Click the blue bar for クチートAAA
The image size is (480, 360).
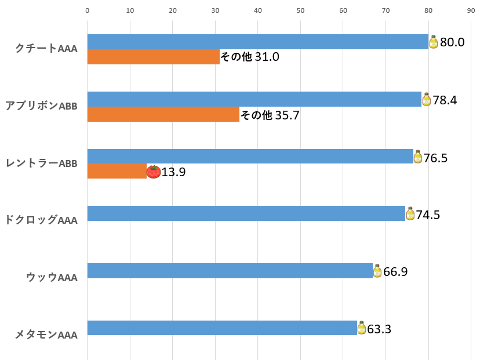(257, 42)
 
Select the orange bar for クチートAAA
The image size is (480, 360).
(154, 57)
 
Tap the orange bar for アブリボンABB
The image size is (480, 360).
(163, 114)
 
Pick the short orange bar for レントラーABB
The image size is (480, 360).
(117, 171)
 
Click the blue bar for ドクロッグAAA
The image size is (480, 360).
(246, 213)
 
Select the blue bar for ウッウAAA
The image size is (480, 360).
(230, 271)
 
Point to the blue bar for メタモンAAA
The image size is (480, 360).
(222, 328)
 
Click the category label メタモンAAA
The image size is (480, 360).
(46, 334)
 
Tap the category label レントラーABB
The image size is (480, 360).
(41, 163)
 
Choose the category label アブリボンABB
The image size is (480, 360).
(41, 106)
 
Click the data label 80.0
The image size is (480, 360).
(452, 42)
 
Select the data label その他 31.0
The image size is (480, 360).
(250, 57)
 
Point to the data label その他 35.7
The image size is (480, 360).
(270, 115)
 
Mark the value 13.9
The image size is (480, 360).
(173, 172)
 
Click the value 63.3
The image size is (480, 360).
(379, 329)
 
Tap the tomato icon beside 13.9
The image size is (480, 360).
(154, 172)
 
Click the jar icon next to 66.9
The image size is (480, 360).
(377, 271)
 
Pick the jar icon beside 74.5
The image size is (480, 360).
(410, 214)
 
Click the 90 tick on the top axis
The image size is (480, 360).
(471, 10)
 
